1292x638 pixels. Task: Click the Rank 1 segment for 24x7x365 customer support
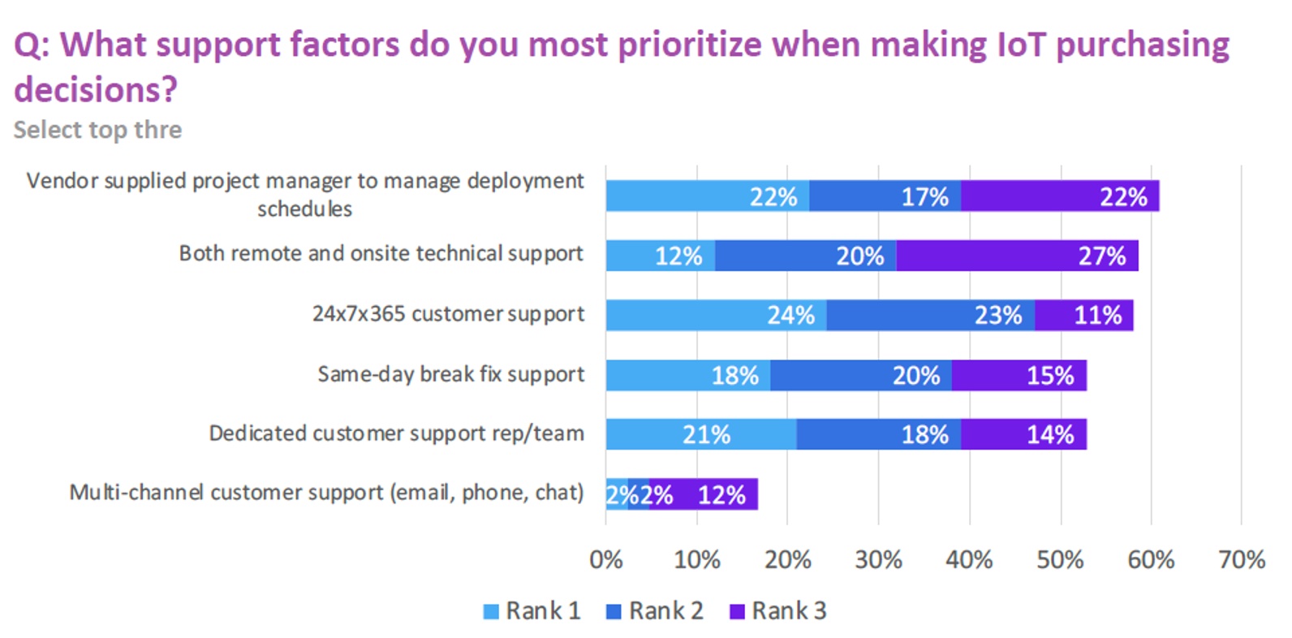(x=716, y=315)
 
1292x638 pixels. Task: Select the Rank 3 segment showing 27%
(x=1017, y=256)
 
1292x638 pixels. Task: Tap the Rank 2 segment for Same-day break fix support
(x=860, y=375)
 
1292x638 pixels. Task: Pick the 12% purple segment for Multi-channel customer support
(x=704, y=494)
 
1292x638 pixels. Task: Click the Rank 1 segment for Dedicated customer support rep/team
(x=700, y=434)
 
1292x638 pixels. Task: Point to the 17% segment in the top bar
(x=885, y=196)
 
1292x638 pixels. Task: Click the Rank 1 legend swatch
(x=491, y=611)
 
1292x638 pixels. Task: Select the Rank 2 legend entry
(x=655, y=610)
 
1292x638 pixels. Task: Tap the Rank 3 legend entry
(x=778, y=610)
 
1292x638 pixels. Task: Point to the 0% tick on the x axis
(x=605, y=559)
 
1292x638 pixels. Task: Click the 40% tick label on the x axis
(x=969, y=559)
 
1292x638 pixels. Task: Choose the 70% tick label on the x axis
(x=1242, y=559)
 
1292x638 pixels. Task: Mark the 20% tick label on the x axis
(x=787, y=559)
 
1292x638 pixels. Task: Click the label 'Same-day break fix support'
(x=450, y=374)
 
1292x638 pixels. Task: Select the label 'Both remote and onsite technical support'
(x=381, y=254)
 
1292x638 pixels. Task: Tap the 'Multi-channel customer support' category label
(x=326, y=493)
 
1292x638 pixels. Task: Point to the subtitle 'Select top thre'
(x=97, y=130)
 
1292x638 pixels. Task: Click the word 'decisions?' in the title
(x=96, y=89)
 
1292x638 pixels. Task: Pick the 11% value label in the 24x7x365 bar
(x=1097, y=315)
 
